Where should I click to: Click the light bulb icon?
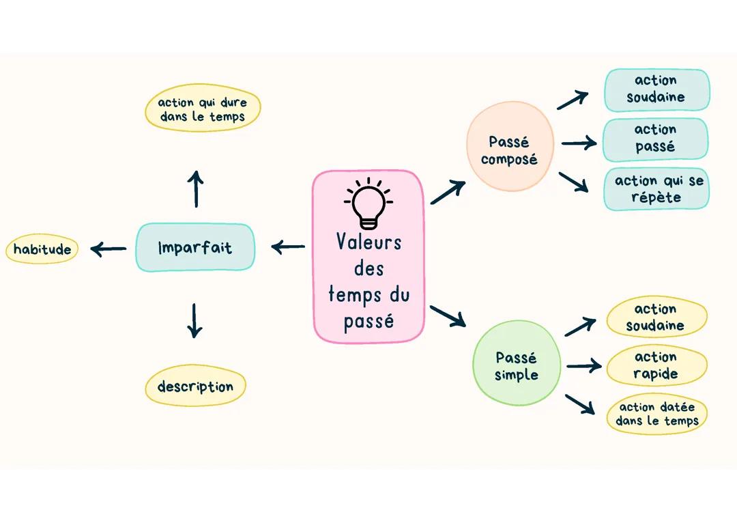[x=369, y=203]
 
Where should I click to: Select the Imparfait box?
[x=195, y=247]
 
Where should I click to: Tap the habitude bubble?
[x=42, y=249]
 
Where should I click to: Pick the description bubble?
[x=195, y=386]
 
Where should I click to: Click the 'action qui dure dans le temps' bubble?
[x=203, y=109]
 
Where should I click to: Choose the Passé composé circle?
[x=509, y=150]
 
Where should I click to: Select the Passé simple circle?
[x=517, y=366]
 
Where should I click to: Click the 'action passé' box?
[x=655, y=138]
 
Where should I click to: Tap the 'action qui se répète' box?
[x=656, y=189]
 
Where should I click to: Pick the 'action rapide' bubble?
[x=656, y=365]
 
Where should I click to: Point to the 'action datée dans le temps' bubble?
[x=656, y=414]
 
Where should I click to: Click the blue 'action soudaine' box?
[x=656, y=89]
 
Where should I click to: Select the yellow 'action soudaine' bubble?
[x=656, y=318]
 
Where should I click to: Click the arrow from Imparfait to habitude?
[x=108, y=249]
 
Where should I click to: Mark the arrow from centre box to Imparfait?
[x=288, y=247]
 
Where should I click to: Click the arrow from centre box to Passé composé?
[x=448, y=192]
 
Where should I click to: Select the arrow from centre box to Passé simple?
[x=448, y=315]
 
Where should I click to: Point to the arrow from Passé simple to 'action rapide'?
[x=583, y=367]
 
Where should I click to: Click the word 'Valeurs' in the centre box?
[x=369, y=242]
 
